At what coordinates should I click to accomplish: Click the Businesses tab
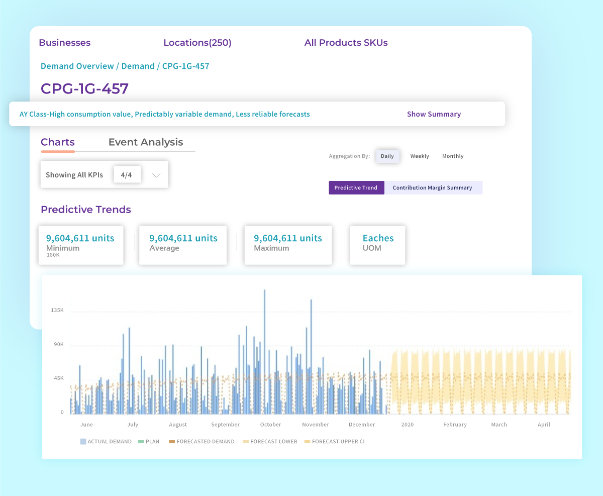(x=64, y=43)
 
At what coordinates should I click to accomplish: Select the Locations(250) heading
(x=197, y=43)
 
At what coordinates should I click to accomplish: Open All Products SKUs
(x=346, y=43)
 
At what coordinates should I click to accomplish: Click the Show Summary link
(x=434, y=114)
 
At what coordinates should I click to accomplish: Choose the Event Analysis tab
(x=146, y=142)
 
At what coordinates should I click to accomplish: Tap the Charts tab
(x=58, y=142)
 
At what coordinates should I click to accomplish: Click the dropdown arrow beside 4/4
(x=156, y=175)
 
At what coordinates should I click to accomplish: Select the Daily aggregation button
(x=387, y=156)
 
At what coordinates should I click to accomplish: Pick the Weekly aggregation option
(x=420, y=156)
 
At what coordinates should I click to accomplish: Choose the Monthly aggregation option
(x=453, y=156)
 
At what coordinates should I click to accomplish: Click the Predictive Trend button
(x=356, y=188)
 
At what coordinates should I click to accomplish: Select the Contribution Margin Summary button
(x=432, y=188)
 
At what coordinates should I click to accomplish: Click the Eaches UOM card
(x=378, y=245)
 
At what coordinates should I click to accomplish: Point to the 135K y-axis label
(x=57, y=310)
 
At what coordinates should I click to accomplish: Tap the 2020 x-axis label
(x=407, y=425)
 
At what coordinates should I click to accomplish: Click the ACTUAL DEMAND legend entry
(x=106, y=442)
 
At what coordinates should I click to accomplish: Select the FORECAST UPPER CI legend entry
(x=336, y=442)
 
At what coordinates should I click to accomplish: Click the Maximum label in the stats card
(x=271, y=248)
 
